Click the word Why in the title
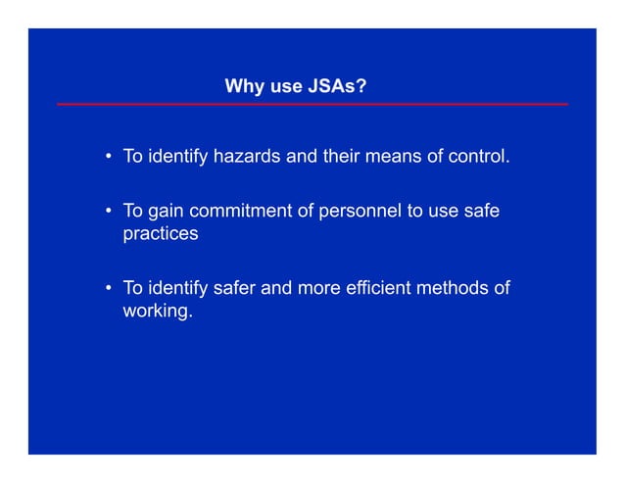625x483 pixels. point(242,87)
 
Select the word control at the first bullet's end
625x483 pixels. point(477,157)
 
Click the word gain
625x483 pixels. point(166,212)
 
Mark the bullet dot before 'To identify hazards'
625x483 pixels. point(107,158)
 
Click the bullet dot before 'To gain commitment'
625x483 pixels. point(107,213)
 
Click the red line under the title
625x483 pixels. point(312,104)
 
